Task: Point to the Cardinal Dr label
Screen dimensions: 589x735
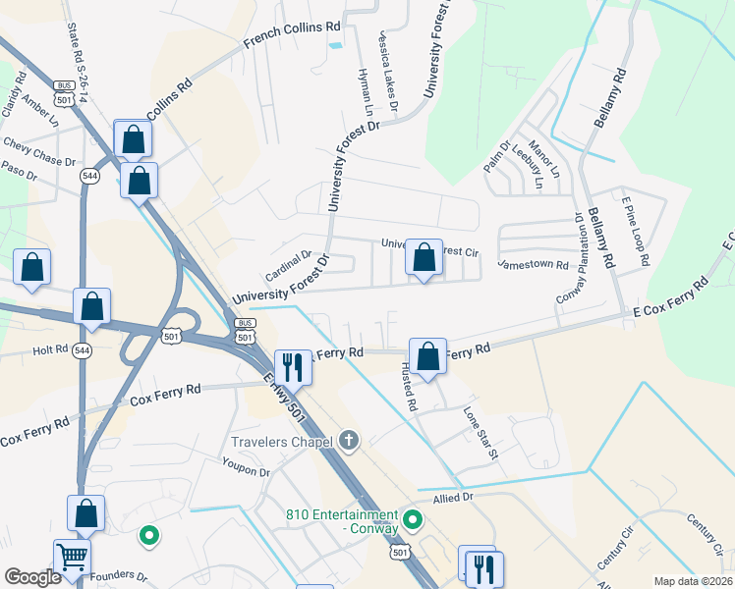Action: [288, 262]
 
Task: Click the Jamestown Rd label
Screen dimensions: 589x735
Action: [534, 264]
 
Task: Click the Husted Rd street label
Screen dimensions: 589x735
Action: [408, 386]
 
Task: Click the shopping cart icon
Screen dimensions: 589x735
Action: [72, 557]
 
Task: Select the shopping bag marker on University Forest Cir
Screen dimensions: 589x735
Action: [424, 259]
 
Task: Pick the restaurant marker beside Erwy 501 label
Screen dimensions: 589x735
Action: [292, 366]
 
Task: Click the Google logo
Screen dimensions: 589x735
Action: [32, 576]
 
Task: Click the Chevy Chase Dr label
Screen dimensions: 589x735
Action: [40, 150]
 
